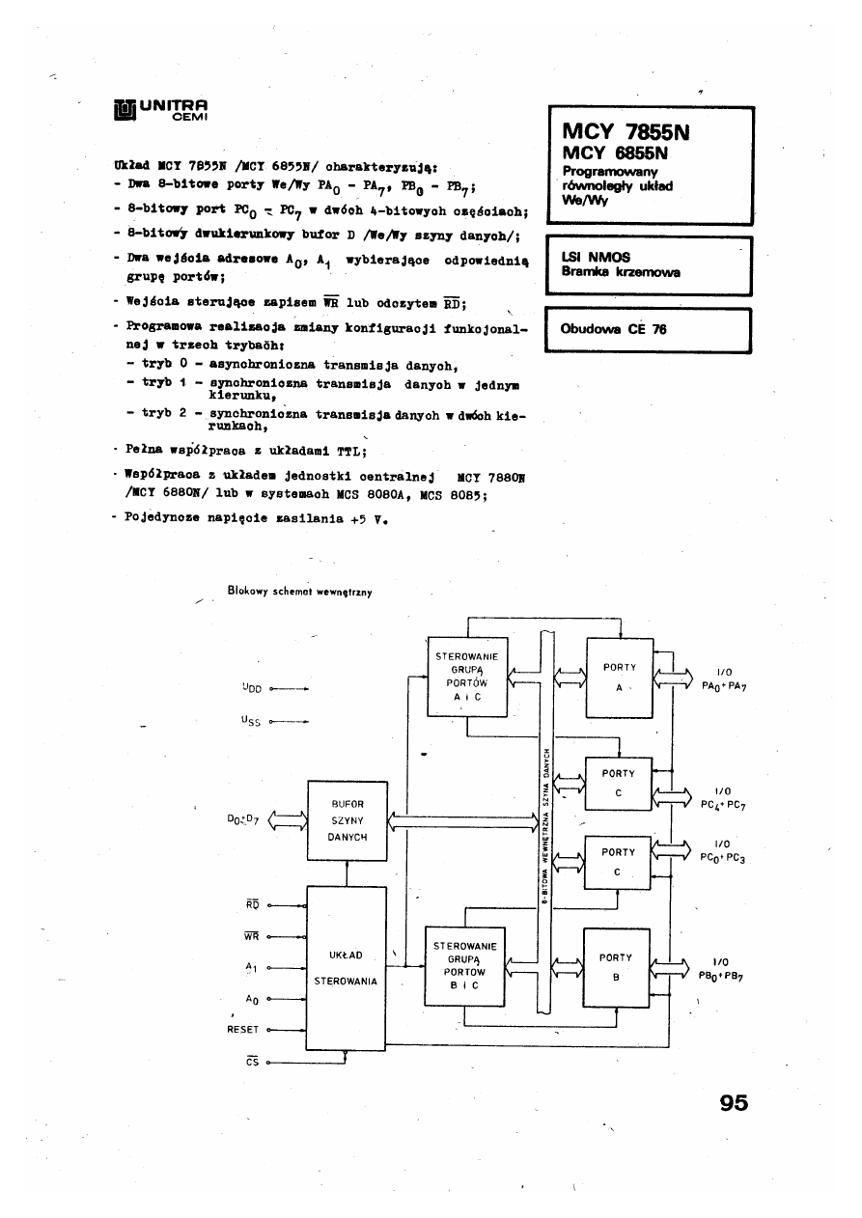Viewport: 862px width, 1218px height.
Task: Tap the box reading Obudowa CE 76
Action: [648, 330]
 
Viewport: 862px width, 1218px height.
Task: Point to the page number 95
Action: [734, 1103]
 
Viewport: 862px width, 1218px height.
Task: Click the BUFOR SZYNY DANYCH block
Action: [347, 819]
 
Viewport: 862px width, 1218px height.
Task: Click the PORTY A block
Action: [619, 675]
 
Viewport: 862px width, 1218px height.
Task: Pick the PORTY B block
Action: [616, 966]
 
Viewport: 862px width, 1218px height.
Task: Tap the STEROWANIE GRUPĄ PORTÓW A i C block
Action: [465, 676]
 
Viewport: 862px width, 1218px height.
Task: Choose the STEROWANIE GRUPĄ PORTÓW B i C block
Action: [465, 966]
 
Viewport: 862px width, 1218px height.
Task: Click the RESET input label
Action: [242, 1030]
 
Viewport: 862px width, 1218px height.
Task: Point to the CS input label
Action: [252, 1062]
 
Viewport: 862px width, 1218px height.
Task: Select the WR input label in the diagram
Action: [252, 935]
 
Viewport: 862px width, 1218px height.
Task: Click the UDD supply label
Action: [252, 689]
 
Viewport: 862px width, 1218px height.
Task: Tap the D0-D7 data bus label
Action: [242, 820]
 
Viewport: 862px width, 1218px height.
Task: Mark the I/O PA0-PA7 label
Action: [725, 680]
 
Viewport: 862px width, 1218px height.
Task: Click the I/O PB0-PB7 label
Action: [725, 969]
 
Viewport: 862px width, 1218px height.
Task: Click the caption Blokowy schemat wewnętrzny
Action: [300, 590]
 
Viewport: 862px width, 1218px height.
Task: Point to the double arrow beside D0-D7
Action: [286, 820]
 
